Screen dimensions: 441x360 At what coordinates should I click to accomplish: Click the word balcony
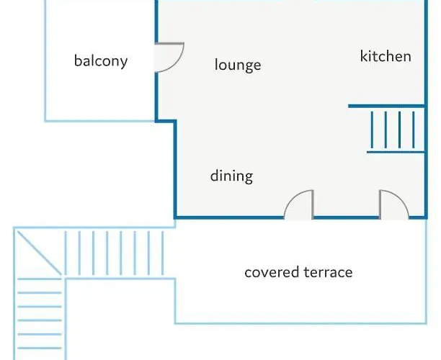[x=101, y=61]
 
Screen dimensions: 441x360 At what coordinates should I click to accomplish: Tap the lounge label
[x=238, y=65]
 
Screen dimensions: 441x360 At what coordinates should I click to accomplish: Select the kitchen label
[x=386, y=56]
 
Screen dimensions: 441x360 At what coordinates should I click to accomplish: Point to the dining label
[x=231, y=176]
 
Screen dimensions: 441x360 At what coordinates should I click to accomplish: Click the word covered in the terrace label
[x=272, y=272]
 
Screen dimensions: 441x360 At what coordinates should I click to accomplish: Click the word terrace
[x=328, y=272]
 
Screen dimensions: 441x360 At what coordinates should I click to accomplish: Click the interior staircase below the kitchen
[x=396, y=130]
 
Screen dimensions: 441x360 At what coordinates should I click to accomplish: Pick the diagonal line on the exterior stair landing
[x=39, y=253]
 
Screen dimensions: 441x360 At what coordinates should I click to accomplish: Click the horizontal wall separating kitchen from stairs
[x=386, y=106]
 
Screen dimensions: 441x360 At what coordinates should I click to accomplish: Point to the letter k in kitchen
[x=364, y=56]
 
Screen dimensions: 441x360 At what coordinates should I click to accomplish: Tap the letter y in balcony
[x=124, y=63]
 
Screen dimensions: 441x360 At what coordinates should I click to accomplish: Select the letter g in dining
[x=249, y=178]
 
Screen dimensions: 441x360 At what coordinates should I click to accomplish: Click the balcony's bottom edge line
[x=100, y=121]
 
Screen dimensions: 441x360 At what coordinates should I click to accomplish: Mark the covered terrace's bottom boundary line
[x=300, y=323]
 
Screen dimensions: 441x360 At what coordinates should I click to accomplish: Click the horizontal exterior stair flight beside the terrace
[x=114, y=253]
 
